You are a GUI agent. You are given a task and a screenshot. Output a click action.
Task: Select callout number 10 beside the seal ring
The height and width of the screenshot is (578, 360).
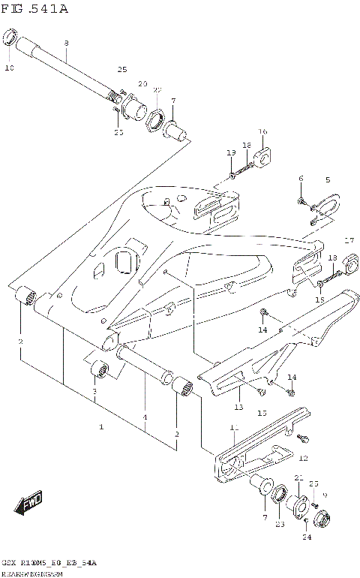[10, 68]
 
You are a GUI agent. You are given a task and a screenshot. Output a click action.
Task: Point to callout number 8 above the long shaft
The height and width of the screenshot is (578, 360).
[66, 43]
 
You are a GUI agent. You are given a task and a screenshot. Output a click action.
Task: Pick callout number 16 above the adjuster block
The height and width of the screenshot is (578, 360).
[262, 132]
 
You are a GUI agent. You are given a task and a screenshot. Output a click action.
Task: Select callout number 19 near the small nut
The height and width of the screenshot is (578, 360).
[231, 153]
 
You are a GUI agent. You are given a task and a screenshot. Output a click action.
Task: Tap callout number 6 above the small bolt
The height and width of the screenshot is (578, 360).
[301, 179]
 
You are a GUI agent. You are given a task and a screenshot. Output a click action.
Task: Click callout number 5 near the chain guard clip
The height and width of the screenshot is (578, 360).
[328, 180]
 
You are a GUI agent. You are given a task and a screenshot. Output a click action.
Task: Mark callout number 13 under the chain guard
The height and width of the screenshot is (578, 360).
[238, 408]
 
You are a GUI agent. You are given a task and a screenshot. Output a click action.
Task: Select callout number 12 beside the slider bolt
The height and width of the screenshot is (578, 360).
[303, 457]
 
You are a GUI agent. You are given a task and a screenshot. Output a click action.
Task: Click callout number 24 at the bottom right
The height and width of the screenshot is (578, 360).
[307, 537]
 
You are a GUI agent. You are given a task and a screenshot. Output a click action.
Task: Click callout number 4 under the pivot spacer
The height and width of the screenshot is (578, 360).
[145, 417]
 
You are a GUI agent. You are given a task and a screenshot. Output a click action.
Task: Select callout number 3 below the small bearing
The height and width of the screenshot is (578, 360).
[95, 392]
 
